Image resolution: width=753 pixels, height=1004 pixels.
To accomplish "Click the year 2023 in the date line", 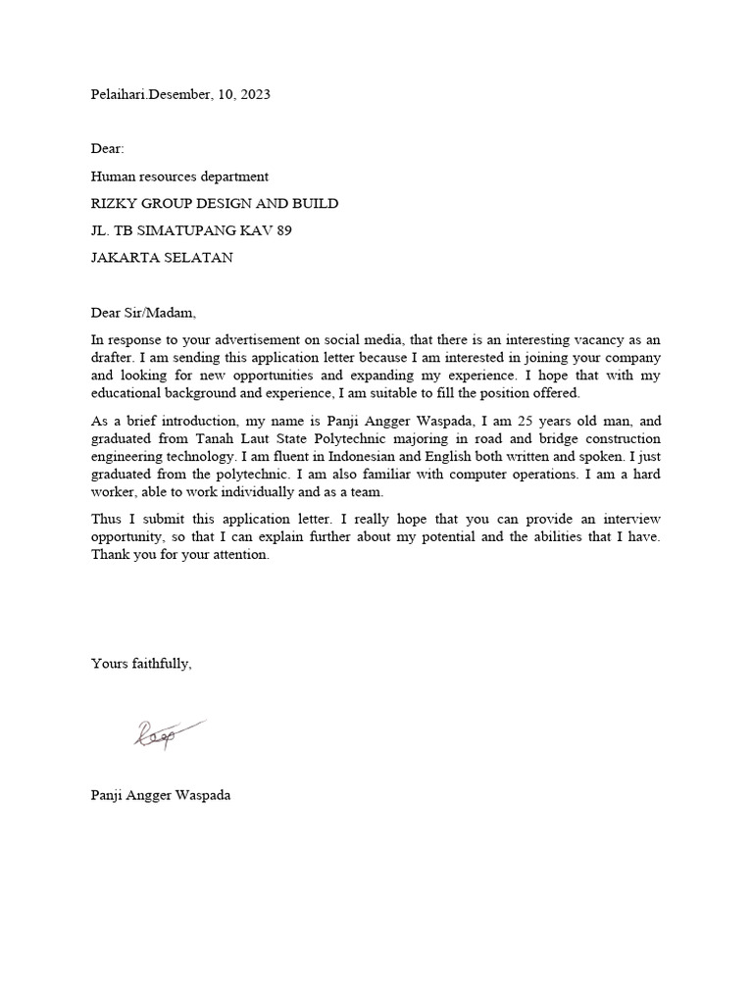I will [x=253, y=95].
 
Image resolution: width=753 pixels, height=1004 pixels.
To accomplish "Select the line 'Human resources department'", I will [x=179, y=176].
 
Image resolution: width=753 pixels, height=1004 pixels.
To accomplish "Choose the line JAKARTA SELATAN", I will [x=163, y=258].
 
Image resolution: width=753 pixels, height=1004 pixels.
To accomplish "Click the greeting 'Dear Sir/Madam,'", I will [x=143, y=313].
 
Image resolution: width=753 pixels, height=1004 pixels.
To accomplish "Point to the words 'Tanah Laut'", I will [x=268, y=438].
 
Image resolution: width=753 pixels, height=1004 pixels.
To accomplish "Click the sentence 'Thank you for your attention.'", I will [x=178, y=554].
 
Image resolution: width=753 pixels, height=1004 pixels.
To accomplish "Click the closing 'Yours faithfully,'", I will [x=141, y=664].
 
